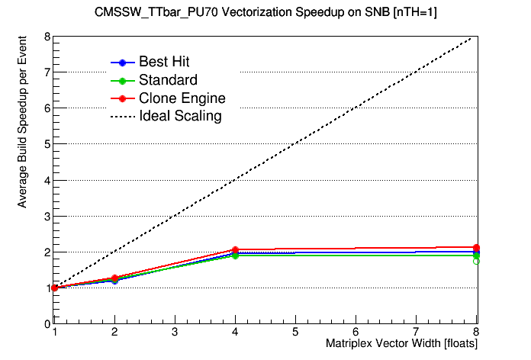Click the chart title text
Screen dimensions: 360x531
pos(265,12)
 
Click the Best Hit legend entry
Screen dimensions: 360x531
pos(164,62)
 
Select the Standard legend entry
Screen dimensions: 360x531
pos(168,80)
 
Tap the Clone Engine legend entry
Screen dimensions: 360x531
pos(182,98)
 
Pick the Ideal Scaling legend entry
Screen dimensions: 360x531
pos(180,117)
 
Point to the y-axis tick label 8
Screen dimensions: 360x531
pos(47,37)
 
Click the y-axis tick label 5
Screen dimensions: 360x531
pos(47,144)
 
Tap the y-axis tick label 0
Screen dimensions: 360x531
pos(47,323)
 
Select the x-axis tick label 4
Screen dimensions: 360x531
pos(235,333)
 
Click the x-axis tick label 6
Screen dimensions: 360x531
pos(356,333)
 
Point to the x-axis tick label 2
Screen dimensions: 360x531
pos(114,333)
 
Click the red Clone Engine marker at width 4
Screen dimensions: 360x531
pos(235,250)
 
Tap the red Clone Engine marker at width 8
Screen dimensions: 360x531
pos(476,248)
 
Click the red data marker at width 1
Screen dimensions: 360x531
pos(54,288)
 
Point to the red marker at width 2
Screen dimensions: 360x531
pos(114,278)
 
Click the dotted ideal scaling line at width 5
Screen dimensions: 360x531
pos(295,144)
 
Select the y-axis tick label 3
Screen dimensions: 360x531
pos(47,216)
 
